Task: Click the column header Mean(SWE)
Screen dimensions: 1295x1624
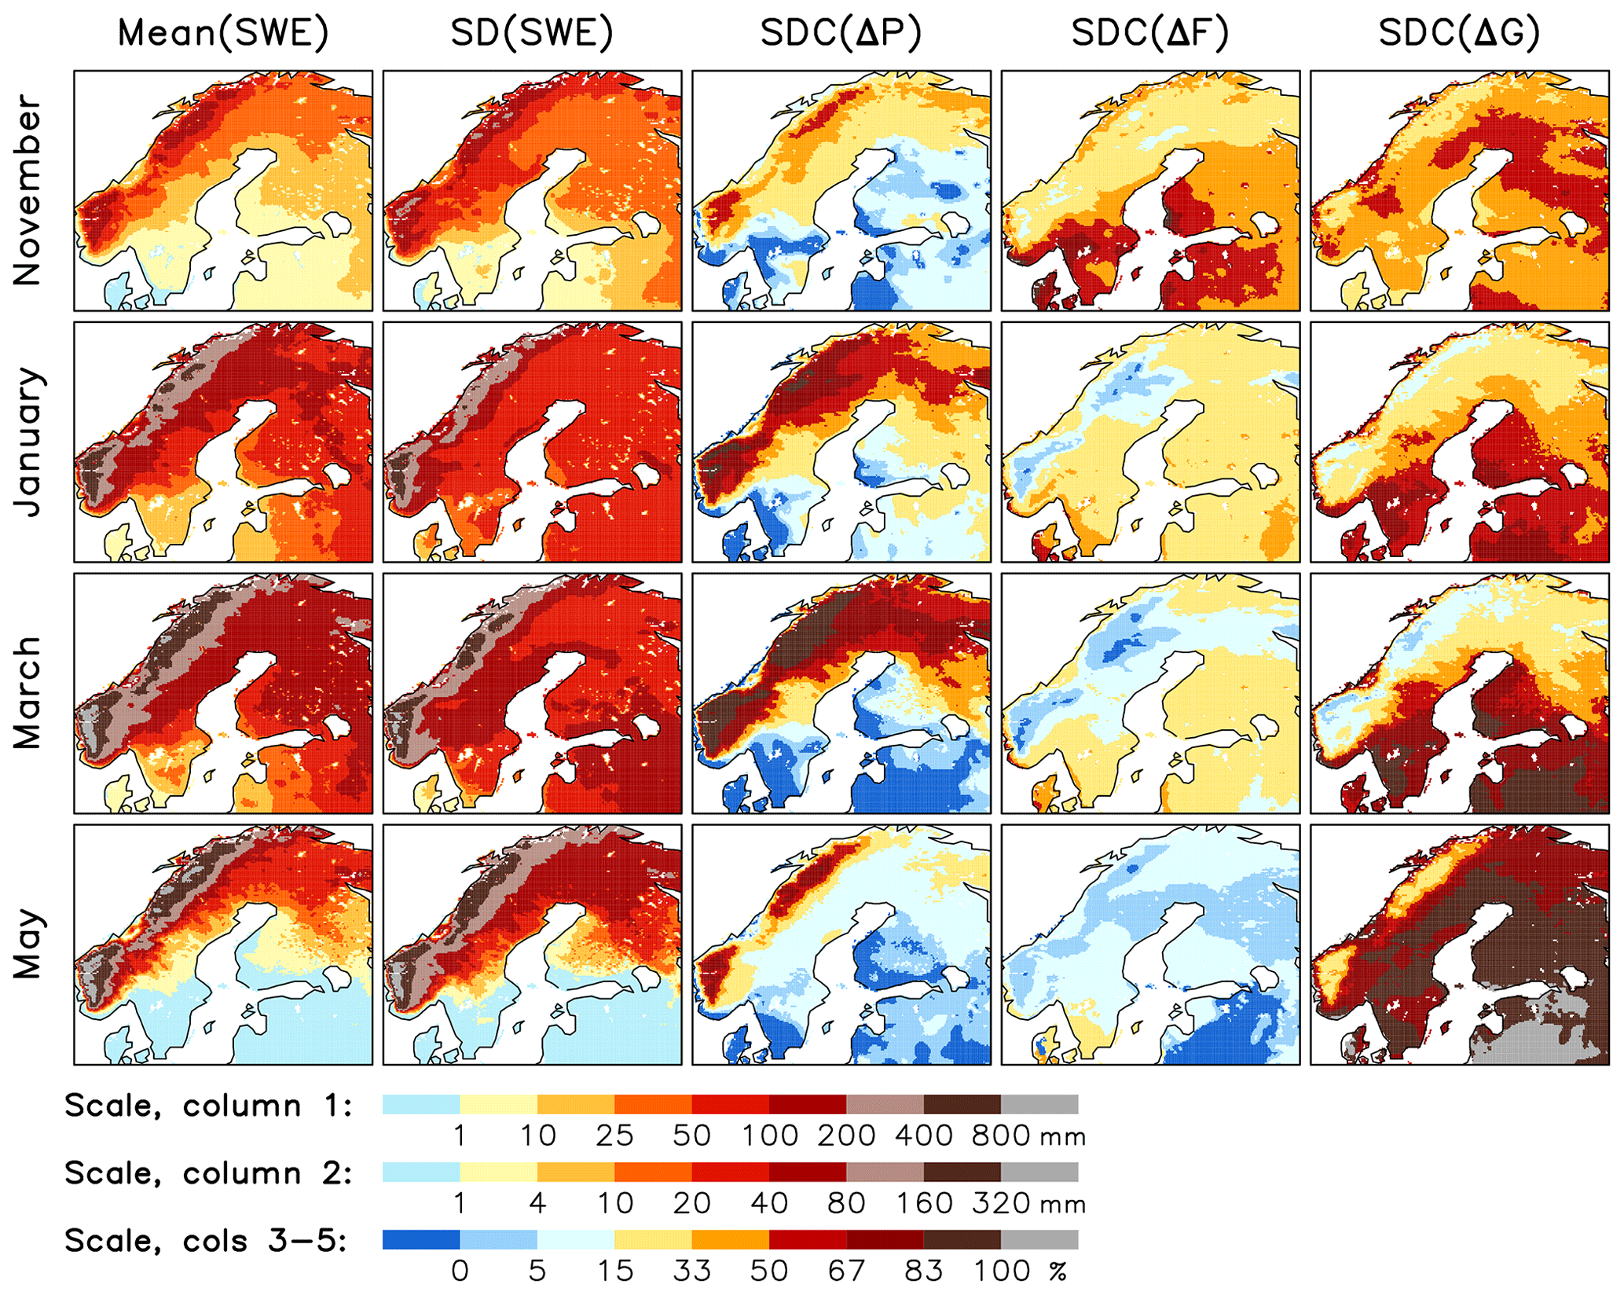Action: click(223, 33)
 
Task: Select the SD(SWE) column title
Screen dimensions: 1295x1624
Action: click(532, 33)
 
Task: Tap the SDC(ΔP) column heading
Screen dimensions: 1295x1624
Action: click(841, 33)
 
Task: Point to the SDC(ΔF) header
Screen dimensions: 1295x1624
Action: click(1149, 33)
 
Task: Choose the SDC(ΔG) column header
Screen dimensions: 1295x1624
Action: click(1459, 33)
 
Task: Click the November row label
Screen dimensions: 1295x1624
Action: click(27, 190)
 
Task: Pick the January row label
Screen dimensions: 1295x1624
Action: click(27, 442)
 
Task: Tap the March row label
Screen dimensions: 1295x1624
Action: click(27, 693)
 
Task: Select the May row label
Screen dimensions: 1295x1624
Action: click(27, 944)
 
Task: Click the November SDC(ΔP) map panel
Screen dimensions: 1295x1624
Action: click(841, 190)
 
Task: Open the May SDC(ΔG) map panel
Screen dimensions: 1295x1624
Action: click(1459, 944)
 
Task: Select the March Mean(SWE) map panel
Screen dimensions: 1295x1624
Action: click(223, 693)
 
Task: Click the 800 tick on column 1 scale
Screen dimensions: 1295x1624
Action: click(1000, 1135)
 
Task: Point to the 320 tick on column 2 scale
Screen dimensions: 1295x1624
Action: click(1000, 1203)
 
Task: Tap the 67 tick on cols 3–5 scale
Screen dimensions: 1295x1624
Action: click(846, 1271)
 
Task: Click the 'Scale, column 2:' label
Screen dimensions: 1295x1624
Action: click(208, 1173)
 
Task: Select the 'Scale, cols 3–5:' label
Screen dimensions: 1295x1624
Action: click(206, 1241)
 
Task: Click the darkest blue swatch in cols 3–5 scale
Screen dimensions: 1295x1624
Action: click(421, 1239)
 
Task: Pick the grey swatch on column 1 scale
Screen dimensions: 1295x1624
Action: click(1039, 1104)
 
